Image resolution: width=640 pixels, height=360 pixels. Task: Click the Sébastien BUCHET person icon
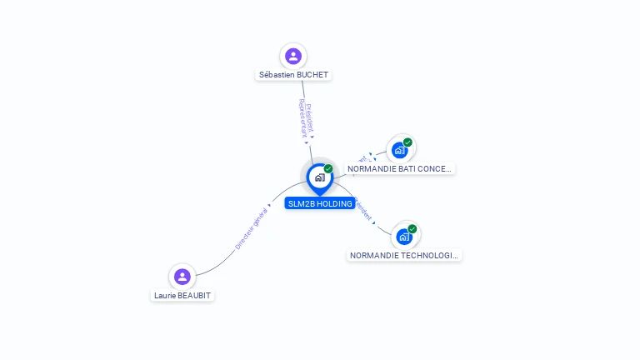click(x=292, y=56)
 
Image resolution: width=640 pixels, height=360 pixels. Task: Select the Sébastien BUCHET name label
click(x=293, y=75)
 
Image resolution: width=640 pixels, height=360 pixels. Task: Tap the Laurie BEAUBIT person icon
click(x=182, y=277)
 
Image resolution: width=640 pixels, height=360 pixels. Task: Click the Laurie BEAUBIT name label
click(x=184, y=295)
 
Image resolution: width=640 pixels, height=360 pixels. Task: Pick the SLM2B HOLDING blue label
click(x=319, y=203)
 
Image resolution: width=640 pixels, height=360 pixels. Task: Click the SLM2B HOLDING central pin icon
click(x=319, y=177)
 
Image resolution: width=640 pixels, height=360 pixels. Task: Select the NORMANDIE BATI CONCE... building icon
click(x=400, y=150)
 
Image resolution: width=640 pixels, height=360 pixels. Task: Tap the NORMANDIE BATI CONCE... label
click(x=399, y=168)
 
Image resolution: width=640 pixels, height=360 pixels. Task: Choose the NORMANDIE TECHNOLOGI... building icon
click(x=404, y=237)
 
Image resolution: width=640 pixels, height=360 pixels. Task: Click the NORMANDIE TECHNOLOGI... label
click(x=404, y=256)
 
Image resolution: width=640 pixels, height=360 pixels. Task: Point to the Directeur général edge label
click(x=250, y=231)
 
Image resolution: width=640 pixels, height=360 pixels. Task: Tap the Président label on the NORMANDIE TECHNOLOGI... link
click(x=363, y=209)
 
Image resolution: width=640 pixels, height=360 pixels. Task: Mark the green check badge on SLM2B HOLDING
click(x=328, y=169)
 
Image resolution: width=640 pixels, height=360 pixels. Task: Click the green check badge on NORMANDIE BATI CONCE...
click(x=407, y=142)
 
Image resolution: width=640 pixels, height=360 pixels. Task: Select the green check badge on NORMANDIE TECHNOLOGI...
click(x=412, y=229)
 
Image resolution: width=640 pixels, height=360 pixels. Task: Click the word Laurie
click(x=163, y=295)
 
